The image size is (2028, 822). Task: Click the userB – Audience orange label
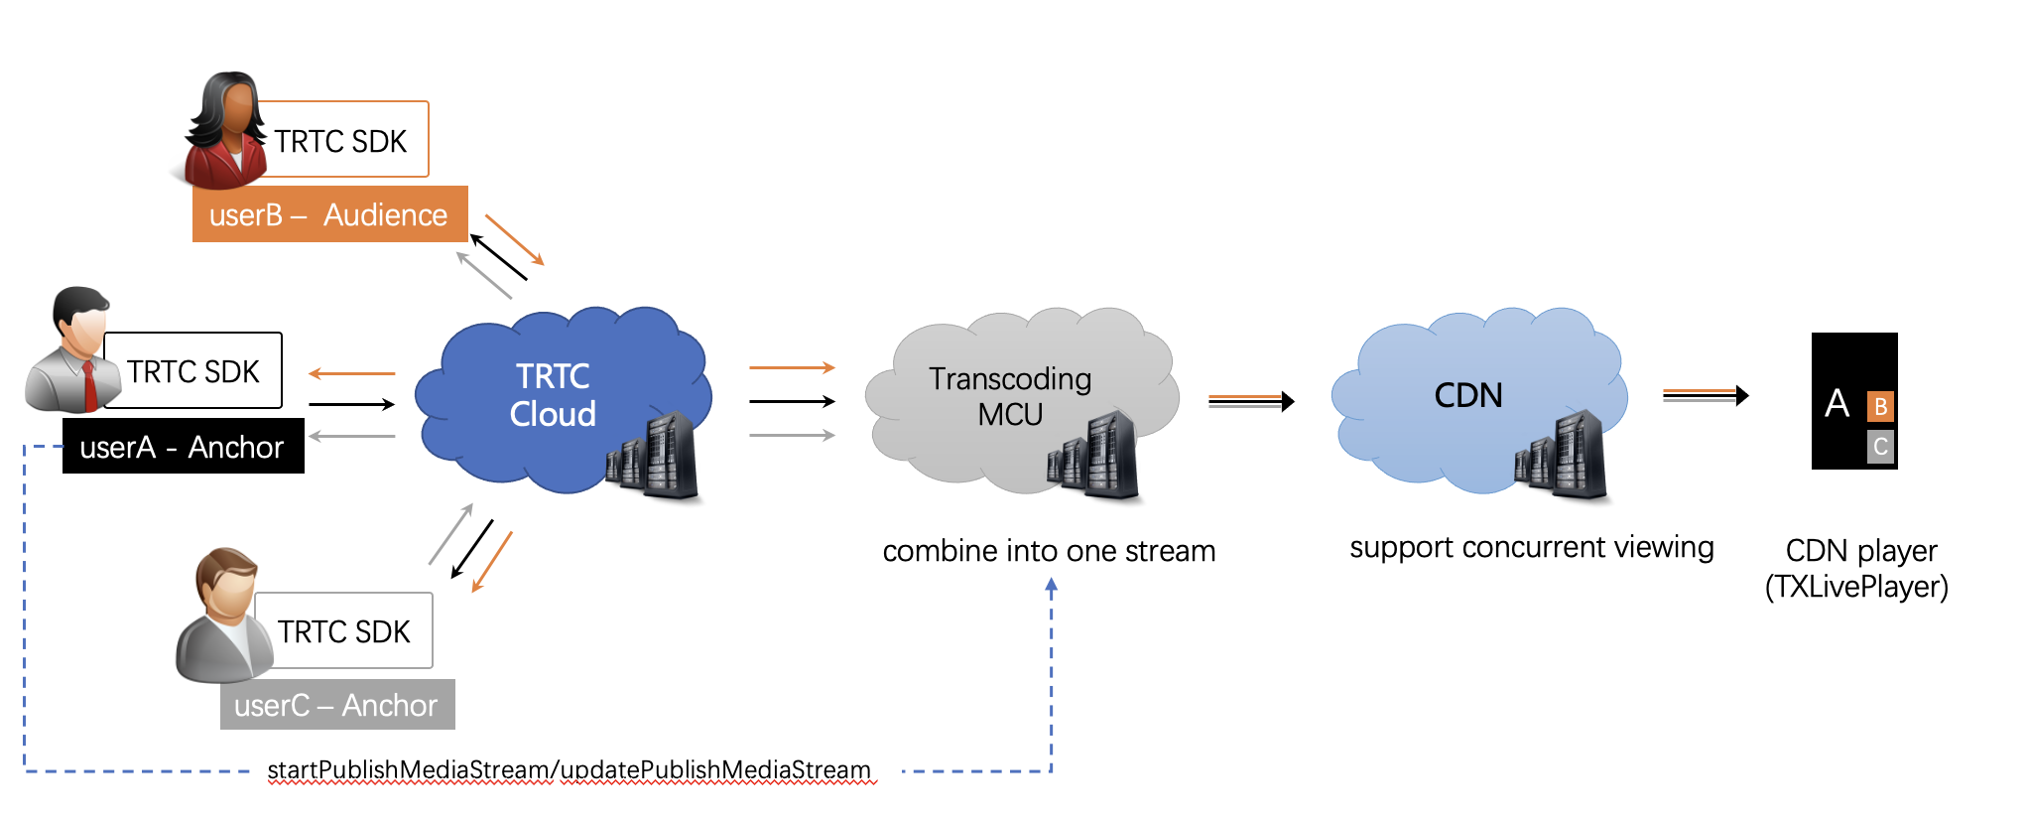[x=329, y=214]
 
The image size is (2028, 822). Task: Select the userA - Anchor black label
[x=183, y=447]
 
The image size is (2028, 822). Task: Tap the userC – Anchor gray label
[x=336, y=705]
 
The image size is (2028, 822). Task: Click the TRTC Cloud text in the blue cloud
[x=553, y=395]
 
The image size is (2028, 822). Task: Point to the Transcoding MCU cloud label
[x=1010, y=396]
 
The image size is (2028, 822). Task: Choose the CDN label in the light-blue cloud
[x=1468, y=396]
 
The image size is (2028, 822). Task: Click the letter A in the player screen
[x=1837, y=404]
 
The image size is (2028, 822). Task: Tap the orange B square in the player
[x=1880, y=406]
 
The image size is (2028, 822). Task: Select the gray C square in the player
[x=1880, y=447]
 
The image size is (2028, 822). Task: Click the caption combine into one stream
[x=1049, y=551]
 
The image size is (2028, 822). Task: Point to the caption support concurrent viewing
[x=1531, y=548]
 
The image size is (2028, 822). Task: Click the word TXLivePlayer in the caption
[x=1856, y=587]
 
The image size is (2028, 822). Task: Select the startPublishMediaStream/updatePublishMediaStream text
[x=569, y=770]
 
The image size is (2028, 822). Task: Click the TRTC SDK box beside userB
[x=341, y=141]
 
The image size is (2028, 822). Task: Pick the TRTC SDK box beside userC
[x=343, y=631]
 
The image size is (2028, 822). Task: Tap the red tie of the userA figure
[x=89, y=386]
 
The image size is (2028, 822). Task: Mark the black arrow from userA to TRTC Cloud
[x=351, y=404]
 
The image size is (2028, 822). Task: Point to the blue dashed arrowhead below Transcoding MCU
[x=1052, y=586]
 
